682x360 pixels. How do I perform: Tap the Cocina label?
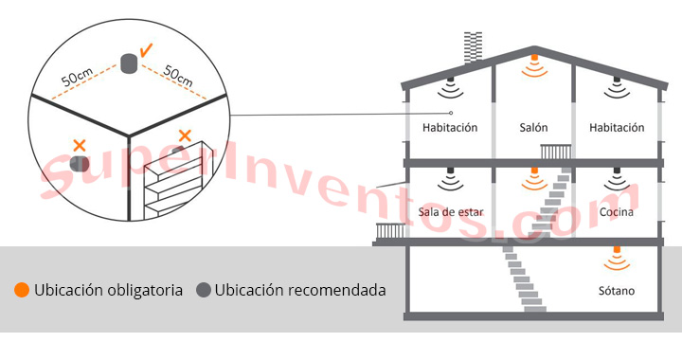617,213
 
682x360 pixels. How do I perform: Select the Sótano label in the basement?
617,291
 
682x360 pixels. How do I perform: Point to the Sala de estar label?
451,213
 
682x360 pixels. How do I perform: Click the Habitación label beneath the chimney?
451,128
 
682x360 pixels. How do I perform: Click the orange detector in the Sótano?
617,253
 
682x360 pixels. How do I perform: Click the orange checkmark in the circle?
147,49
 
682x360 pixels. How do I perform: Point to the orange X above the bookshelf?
185,137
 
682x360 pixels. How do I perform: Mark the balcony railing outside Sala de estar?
390,230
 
